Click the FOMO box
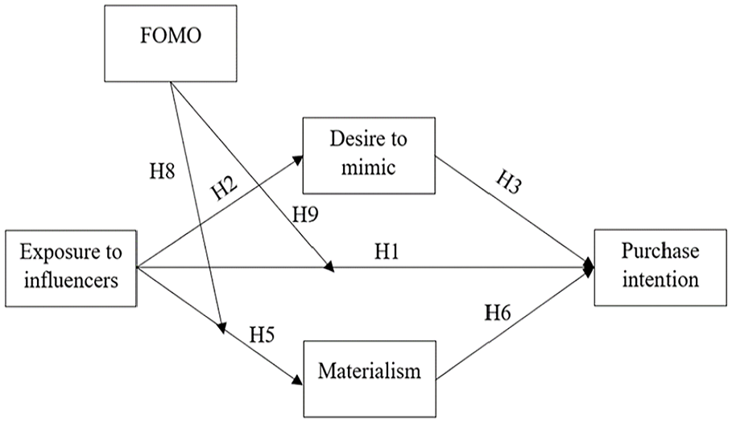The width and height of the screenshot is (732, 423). [x=171, y=43]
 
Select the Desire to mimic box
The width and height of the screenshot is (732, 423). [x=369, y=155]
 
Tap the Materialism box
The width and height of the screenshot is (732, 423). [x=370, y=379]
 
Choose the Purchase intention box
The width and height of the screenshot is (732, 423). [x=660, y=267]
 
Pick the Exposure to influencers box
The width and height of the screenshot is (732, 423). [x=71, y=268]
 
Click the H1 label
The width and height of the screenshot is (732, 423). [x=387, y=252]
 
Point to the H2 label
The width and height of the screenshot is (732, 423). [x=225, y=187]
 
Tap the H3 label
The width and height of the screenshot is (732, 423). [x=508, y=182]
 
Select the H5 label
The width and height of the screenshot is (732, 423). [x=262, y=335]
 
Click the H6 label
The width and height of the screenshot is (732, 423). [x=498, y=313]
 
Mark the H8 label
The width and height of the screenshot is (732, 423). [x=162, y=171]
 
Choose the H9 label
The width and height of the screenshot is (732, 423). [x=305, y=215]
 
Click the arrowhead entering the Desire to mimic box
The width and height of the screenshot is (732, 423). [x=297, y=160]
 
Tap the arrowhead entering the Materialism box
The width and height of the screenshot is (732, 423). [x=297, y=379]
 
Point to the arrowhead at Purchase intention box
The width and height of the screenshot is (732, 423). [x=589, y=268]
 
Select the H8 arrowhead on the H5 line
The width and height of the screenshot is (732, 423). [x=221, y=328]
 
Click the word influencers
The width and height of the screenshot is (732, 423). [x=71, y=281]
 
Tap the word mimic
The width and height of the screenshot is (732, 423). [x=368, y=168]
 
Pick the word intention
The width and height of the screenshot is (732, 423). [x=660, y=280]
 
